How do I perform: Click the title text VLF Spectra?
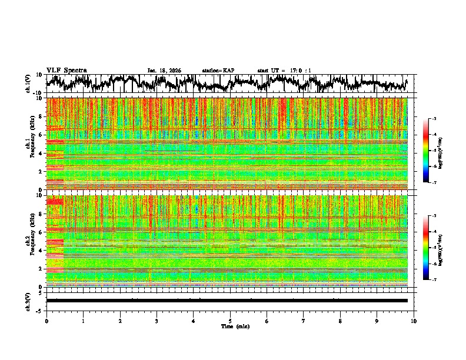click(x=66, y=70)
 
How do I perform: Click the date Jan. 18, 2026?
click(x=164, y=71)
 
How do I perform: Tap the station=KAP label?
click(x=218, y=71)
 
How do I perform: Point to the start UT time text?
click(x=284, y=71)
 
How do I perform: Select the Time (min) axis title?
click(x=230, y=326)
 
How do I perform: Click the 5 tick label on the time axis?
click(x=231, y=321)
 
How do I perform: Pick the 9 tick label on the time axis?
click(x=377, y=321)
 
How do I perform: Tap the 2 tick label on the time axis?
click(x=120, y=321)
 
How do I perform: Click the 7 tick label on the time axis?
click(x=304, y=321)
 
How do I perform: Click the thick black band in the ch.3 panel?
click(x=227, y=301)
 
